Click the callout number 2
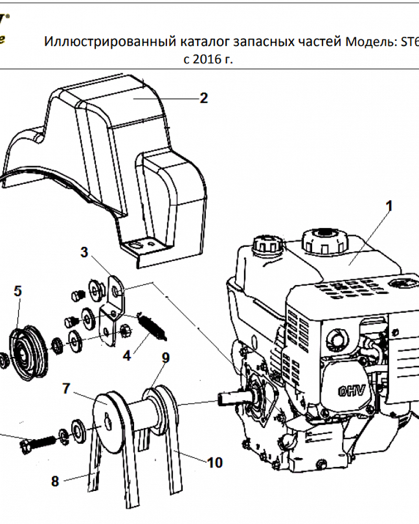coord(204,99)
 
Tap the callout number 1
coord(389,206)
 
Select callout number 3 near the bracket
coord(84,252)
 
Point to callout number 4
coord(127,356)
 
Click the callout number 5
coord(18,291)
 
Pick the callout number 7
coord(66,388)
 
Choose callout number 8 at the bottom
coord(55,482)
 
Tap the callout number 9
coord(166,358)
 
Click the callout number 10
coord(215,463)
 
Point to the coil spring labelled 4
coord(152,325)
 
